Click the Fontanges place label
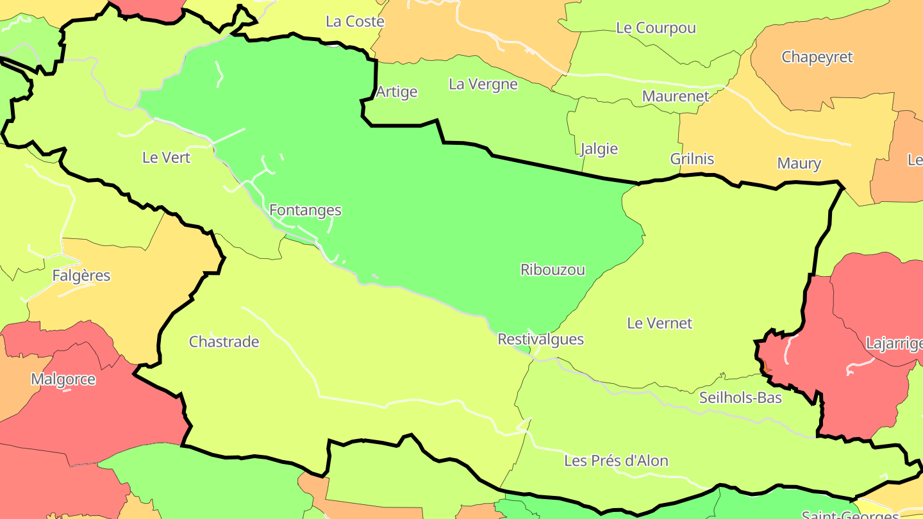(305, 210)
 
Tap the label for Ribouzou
(553, 270)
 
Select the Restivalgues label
(540, 339)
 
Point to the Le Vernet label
(660, 323)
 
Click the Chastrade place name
(224, 342)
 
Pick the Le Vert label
(166, 157)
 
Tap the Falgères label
(81, 276)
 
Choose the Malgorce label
(63, 379)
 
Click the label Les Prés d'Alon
(616, 461)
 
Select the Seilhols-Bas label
(740, 398)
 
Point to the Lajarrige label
(894, 343)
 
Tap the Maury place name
(799, 163)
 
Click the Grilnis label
(692, 159)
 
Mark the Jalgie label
(599, 149)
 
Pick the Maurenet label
(676, 97)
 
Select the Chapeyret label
(817, 57)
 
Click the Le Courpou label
(655, 28)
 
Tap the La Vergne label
(483, 84)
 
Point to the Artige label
(396, 92)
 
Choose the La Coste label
(354, 22)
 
